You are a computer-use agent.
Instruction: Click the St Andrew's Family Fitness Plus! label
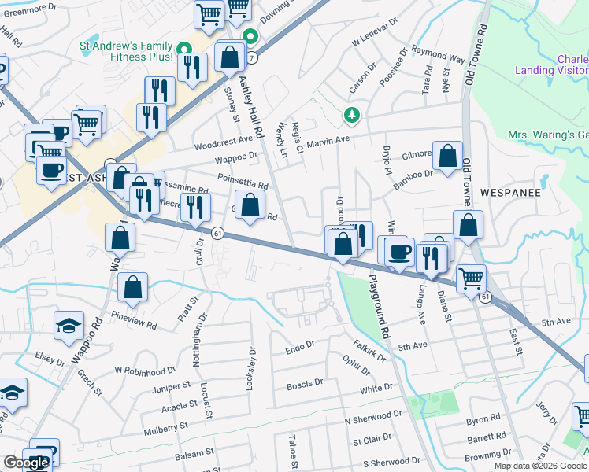(126, 51)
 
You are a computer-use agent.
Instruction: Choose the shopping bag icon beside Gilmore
(447, 158)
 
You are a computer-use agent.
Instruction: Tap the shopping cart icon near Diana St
(471, 278)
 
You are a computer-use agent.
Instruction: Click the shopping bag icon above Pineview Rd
(133, 289)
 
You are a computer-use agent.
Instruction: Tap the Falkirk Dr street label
(369, 350)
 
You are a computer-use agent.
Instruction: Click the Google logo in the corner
(25, 463)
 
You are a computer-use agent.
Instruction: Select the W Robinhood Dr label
(143, 370)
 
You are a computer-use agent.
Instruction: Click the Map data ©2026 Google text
(540, 466)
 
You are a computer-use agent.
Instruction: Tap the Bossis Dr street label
(305, 385)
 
